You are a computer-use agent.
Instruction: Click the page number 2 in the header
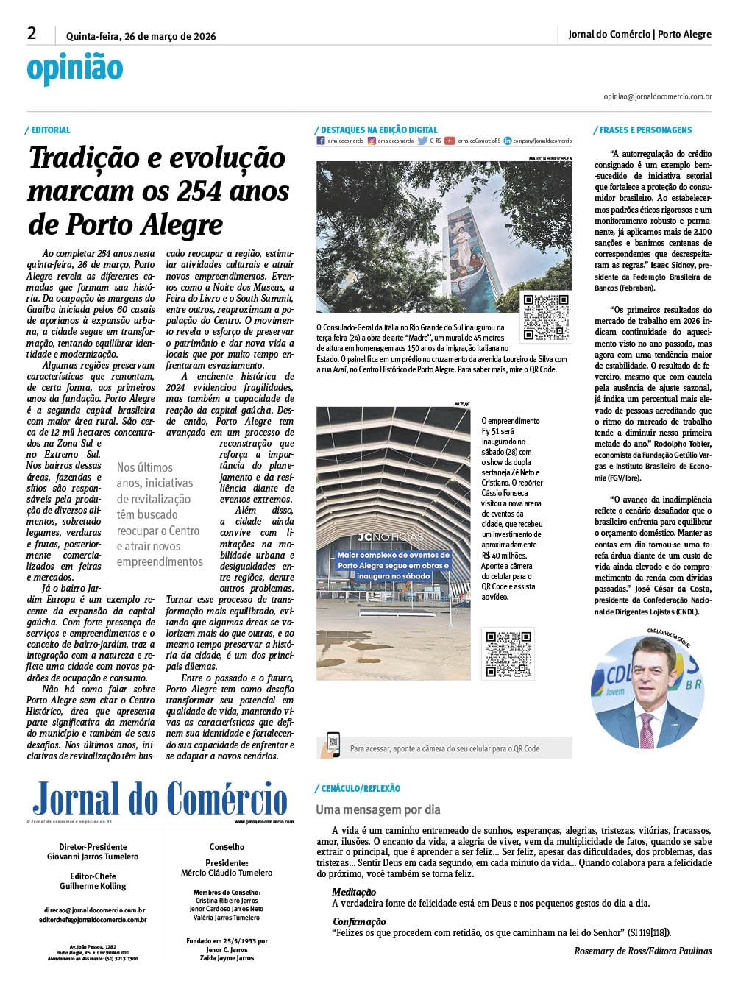coord(32,33)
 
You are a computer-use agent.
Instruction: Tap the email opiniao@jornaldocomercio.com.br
coord(657,96)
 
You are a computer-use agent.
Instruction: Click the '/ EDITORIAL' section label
coord(49,130)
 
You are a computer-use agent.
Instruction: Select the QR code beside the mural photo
coord(545,316)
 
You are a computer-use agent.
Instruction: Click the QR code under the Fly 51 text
coord(508,653)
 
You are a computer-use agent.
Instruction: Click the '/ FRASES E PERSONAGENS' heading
coord(643,130)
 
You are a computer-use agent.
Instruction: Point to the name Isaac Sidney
coord(672,265)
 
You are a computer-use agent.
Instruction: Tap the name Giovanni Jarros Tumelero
coord(93,857)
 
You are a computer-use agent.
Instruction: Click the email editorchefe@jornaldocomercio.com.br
coord(93,920)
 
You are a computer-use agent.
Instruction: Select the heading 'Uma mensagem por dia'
coord(378,809)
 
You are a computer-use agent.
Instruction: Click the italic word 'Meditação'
coord(354,893)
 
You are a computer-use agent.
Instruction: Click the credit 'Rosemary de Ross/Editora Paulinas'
coord(642,951)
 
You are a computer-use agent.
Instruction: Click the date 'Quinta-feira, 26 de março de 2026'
coord(141,36)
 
